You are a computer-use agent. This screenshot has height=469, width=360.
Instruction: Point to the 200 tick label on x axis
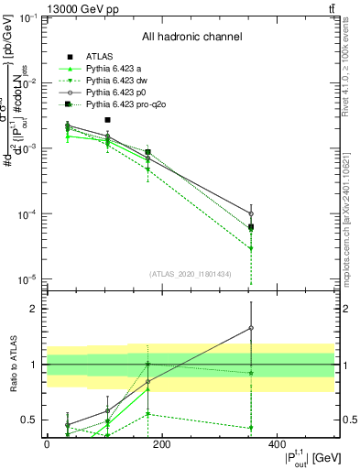161,443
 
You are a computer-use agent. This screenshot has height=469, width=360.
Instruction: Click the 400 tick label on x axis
277,443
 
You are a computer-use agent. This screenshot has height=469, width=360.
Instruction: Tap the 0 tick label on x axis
47,443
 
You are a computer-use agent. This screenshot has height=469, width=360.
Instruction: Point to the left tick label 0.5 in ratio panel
26,420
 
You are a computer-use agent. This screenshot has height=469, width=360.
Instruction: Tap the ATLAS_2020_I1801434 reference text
190,274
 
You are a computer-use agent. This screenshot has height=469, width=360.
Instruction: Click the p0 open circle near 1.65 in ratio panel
251,328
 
